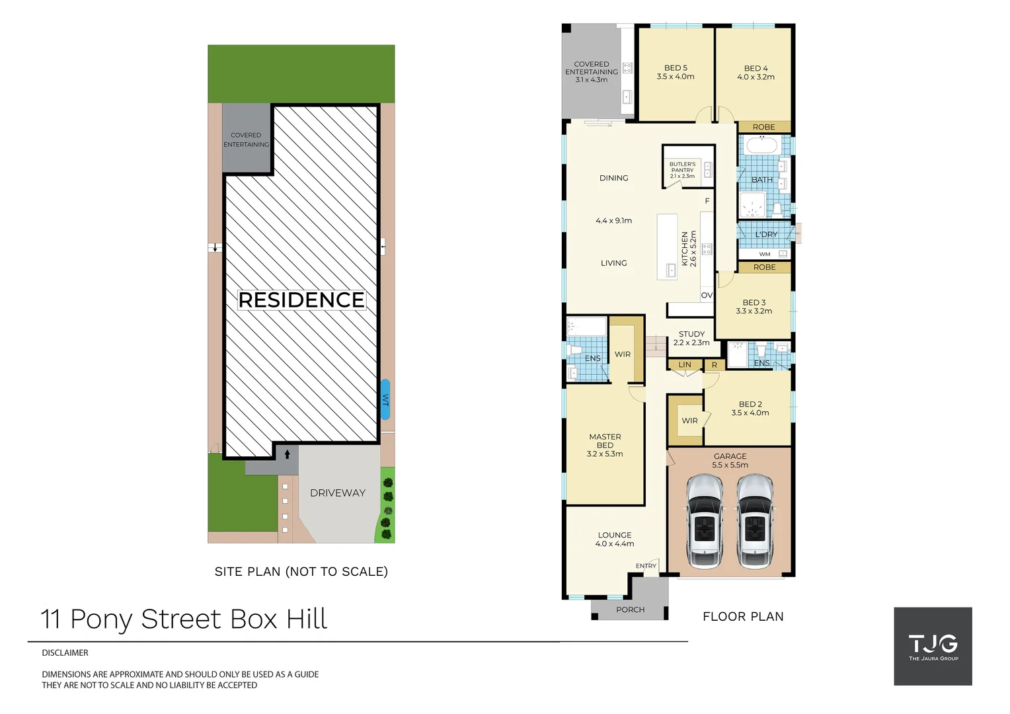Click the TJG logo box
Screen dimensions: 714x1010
pos(933,646)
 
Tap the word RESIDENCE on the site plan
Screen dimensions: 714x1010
pos(301,300)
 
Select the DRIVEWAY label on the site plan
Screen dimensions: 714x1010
pos(337,493)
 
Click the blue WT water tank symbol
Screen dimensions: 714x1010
pos(385,399)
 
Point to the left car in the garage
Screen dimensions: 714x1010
pos(705,522)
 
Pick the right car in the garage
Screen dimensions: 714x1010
pos(755,522)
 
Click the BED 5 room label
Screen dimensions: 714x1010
pos(676,68)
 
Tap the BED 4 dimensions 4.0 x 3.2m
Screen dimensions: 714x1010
pos(756,77)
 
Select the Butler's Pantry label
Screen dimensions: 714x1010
pos(682,170)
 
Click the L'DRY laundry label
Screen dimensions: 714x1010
pos(766,235)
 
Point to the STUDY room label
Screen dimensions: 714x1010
pos(691,334)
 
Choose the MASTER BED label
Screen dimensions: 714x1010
pos(605,441)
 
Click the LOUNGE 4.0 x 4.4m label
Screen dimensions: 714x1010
pos(615,539)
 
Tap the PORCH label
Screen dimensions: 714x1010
pos(630,610)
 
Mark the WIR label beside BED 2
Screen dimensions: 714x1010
pos(689,420)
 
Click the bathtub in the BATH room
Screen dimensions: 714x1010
pos(761,145)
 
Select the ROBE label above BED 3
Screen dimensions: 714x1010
pos(764,267)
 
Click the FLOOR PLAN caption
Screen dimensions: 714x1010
pos(743,617)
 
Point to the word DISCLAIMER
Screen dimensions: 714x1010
pos(65,653)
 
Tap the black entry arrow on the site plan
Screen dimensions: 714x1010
pos(287,454)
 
